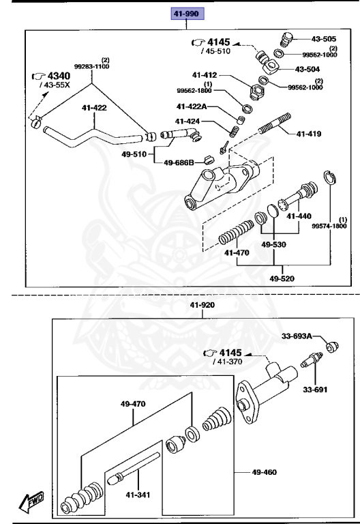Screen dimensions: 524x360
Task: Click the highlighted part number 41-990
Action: (x=187, y=13)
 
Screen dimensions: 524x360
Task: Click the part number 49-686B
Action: (x=179, y=162)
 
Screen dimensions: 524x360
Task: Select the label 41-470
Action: (x=237, y=252)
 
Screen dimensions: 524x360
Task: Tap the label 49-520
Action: (x=283, y=278)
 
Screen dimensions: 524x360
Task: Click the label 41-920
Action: (x=203, y=306)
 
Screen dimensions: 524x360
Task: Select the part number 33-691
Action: (x=314, y=390)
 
